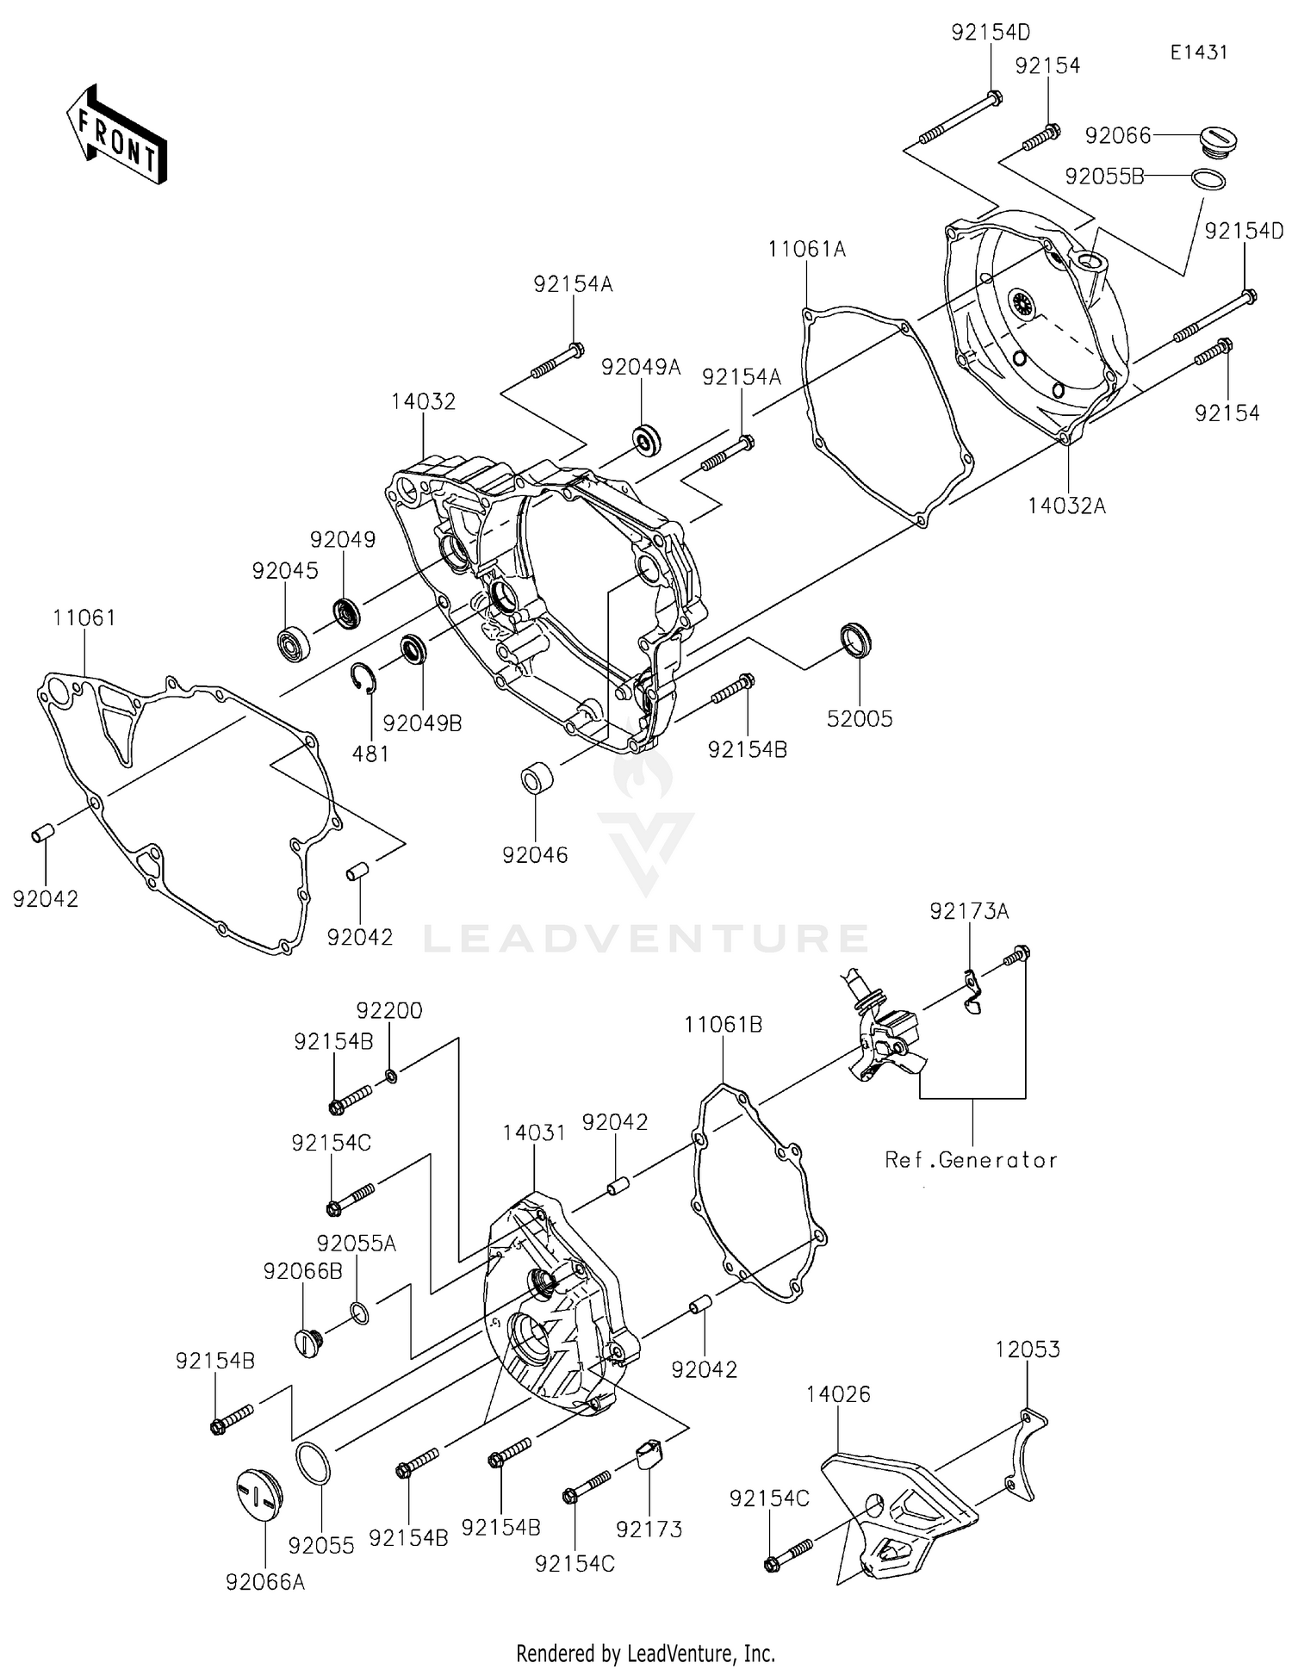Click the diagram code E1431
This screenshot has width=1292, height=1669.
pyautogui.click(x=1198, y=53)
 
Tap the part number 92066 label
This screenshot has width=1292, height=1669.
pyautogui.click(x=1117, y=135)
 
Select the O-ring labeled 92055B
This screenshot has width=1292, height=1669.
pyautogui.click(x=1208, y=179)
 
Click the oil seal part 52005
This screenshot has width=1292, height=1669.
pyautogui.click(x=855, y=638)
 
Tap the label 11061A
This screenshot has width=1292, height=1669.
pyautogui.click(x=807, y=250)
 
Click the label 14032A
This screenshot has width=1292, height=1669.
pyautogui.click(x=1066, y=506)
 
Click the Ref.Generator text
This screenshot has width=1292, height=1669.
pyautogui.click(x=971, y=1160)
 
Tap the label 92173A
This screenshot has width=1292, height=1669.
pyautogui.click(x=968, y=911)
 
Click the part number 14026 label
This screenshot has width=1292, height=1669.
pyautogui.click(x=838, y=1393)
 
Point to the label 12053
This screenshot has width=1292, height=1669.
pyautogui.click(x=1027, y=1349)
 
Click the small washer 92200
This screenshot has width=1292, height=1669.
pyautogui.click(x=390, y=1075)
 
